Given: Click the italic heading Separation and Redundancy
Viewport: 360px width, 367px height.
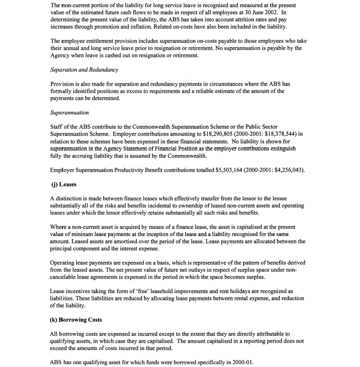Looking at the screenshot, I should (x=84, y=70).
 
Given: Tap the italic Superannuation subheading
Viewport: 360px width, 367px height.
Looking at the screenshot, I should (x=70, y=113).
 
